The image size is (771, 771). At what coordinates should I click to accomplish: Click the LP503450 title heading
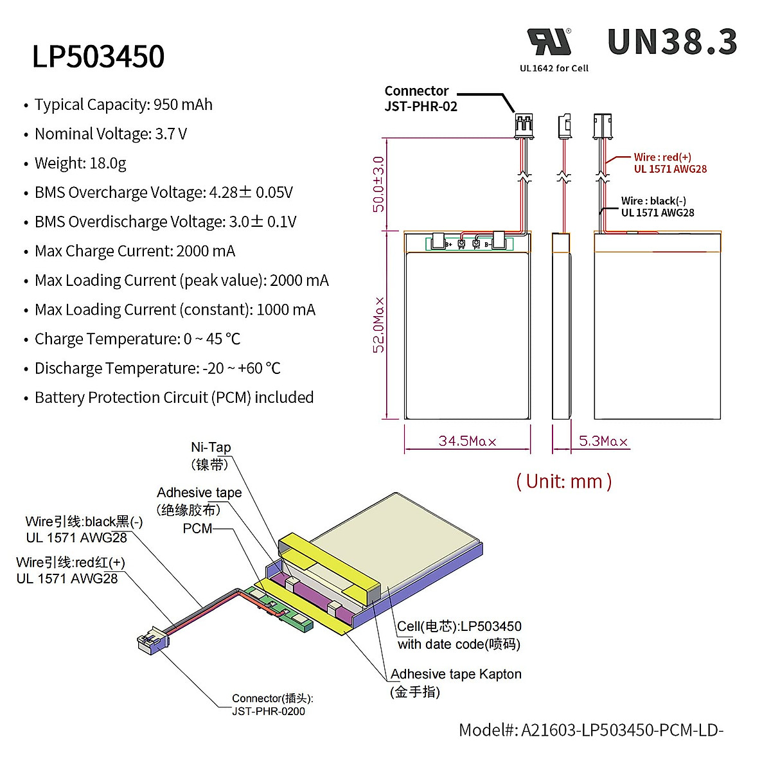pyautogui.click(x=98, y=57)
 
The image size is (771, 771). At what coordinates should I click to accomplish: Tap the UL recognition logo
pyautogui.click(x=549, y=42)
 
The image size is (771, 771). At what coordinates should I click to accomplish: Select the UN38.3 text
pyautogui.click(x=672, y=42)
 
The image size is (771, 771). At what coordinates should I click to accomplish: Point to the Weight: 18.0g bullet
pyautogui.click(x=80, y=163)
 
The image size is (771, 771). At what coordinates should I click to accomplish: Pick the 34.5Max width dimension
pyautogui.click(x=467, y=441)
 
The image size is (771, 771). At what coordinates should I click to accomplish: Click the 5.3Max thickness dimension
pyautogui.click(x=603, y=441)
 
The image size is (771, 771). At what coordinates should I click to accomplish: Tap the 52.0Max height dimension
pyautogui.click(x=379, y=324)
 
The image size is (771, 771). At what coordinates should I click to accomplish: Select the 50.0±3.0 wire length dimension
pyautogui.click(x=379, y=184)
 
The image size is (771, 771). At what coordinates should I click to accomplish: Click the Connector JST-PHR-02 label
pyautogui.click(x=420, y=99)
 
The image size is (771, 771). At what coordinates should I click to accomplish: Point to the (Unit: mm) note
pyautogui.click(x=563, y=481)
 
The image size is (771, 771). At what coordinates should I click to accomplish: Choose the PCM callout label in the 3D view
pyautogui.click(x=197, y=528)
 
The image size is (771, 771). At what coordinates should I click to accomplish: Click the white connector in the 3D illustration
pyautogui.click(x=153, y=641)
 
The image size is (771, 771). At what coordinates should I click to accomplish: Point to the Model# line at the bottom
pyautogui.click(x=590, y=730)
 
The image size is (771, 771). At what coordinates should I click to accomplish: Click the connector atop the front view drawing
pyautogui.click(x=524, y=126)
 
